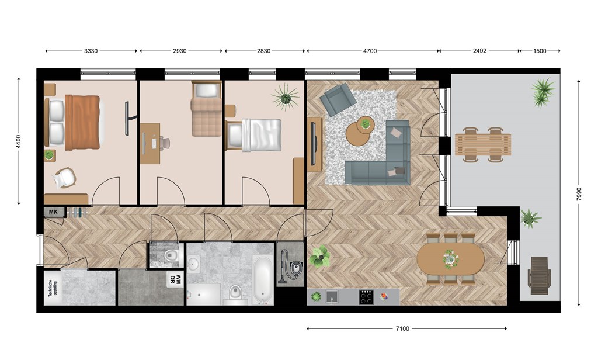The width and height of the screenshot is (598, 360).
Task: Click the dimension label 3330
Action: coord(91,51)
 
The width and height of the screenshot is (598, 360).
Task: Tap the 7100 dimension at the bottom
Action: coord(402,328)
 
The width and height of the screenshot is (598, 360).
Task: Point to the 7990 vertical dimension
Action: coord(579,193)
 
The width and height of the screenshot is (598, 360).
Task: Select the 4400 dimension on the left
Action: coord(19,141)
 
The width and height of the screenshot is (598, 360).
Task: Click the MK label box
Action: coord(53,212)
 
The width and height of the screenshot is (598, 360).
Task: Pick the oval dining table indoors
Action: coord(450,259)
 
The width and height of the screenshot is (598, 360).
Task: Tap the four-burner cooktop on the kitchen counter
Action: coord(366,297)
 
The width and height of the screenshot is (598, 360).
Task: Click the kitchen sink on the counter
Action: coord(332,297)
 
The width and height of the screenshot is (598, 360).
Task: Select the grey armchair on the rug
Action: coord(338,99)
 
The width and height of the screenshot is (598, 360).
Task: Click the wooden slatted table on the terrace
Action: coord(483,144)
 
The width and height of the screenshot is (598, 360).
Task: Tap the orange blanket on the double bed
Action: coord(83,123)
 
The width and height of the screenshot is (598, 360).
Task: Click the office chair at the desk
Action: coord(164,143)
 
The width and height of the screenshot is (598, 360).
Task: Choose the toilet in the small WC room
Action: coord(172,255)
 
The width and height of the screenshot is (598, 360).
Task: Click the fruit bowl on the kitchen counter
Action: coord(384,297)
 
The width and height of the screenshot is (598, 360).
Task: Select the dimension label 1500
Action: coord(540,51)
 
